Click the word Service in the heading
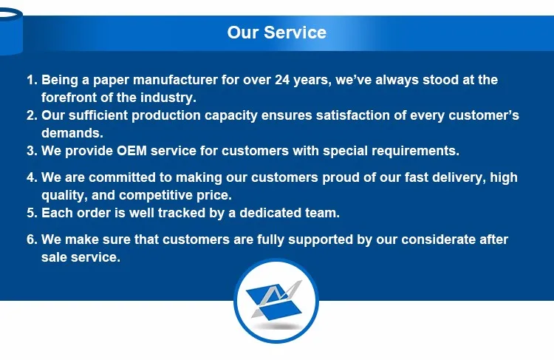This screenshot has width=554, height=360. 295,33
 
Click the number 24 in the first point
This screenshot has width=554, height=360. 282,80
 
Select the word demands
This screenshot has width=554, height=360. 72,133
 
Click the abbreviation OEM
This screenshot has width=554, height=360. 131,151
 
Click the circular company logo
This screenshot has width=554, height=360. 276,301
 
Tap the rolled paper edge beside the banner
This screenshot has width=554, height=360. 10,31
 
